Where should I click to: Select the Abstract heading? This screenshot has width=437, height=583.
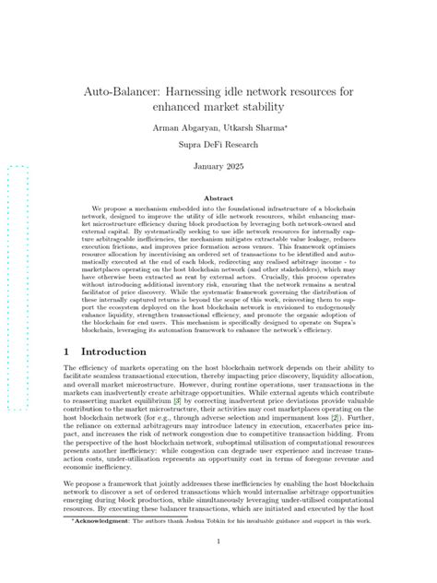(218, 198)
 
